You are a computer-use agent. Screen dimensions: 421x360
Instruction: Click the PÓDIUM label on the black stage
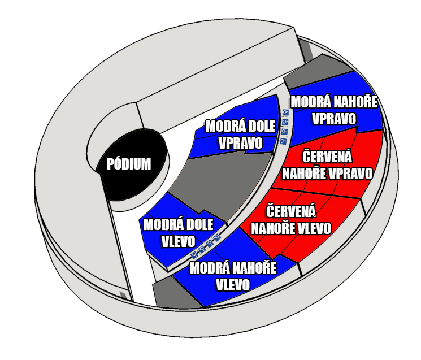pos(129,164)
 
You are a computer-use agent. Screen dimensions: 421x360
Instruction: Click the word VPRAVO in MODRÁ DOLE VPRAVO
pos(241,143)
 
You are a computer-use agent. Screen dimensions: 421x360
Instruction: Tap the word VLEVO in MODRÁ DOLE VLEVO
pos(178,241)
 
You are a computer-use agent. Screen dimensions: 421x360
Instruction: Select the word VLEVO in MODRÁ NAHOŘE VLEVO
pos(233,285)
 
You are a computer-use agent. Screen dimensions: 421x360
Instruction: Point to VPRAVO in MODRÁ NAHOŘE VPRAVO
pos(334,119)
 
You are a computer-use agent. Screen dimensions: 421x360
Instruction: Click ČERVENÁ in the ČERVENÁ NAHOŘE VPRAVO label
pos(327,157)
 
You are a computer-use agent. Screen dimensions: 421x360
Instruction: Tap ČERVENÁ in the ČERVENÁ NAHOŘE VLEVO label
pos(291,211)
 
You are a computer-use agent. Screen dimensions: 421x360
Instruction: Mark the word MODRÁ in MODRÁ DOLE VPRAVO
pos(222,126)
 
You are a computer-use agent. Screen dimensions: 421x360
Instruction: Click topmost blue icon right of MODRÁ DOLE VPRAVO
pos(285,112)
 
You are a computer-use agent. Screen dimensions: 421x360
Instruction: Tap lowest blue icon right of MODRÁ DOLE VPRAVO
pos(283,141)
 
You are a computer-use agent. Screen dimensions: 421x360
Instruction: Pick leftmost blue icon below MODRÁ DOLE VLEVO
pos(194,255)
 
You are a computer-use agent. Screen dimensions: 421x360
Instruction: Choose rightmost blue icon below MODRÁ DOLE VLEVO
pos(217,237)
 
